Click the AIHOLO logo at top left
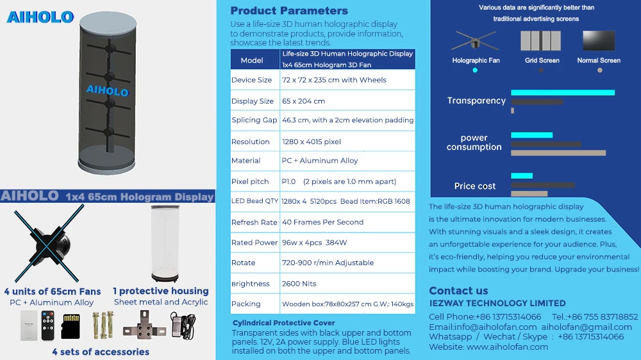click(40, 17)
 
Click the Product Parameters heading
click(289, 10)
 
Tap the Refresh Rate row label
click(254, 222)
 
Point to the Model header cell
click(252, 60)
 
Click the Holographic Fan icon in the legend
click(474, 42)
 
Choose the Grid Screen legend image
click(542, 42)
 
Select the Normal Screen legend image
click(599, 42)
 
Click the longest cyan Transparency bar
click(563, 93)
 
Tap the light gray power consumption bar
click(558, 153)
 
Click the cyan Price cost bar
click(522, 176)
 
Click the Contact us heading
click(458, 290)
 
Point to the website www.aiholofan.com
click(507, 347)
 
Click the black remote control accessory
click(47, 325)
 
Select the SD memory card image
click(70, 327)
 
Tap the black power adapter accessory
click(183, 323)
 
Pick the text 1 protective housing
click(161, 291)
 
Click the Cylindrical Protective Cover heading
click(283, 323)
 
